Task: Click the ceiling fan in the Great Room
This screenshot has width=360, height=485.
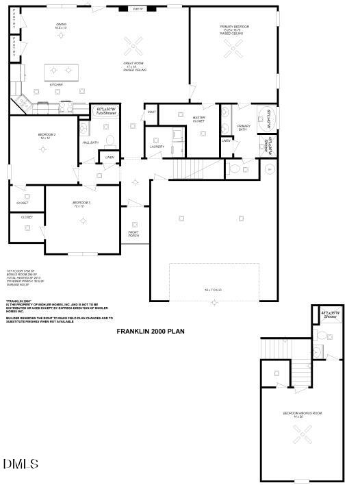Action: click(x=133, y=46)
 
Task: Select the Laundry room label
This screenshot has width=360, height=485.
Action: click(x=157, y=146)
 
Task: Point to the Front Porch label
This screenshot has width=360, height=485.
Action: click(x=133, y=234)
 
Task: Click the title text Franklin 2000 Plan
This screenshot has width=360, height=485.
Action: click(x=151, y=331)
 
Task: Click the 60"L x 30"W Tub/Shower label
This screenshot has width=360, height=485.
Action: click(x=107, y=111)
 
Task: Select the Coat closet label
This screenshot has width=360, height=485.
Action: click(x=151, y=112)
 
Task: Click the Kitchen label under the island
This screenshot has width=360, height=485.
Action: click(x=57, y=85)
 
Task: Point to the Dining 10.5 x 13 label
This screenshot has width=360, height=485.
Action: click(x=60, y=26)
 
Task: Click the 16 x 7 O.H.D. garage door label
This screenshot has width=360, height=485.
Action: click(x=214, y=290)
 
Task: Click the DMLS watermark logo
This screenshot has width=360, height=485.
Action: click(x=21, y=464)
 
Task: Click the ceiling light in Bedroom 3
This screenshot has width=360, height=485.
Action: click(x=83, y=220)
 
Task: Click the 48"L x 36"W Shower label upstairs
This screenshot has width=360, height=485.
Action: click(x=330, y=315)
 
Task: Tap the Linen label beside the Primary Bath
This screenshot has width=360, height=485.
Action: click(x=227, y=141)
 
